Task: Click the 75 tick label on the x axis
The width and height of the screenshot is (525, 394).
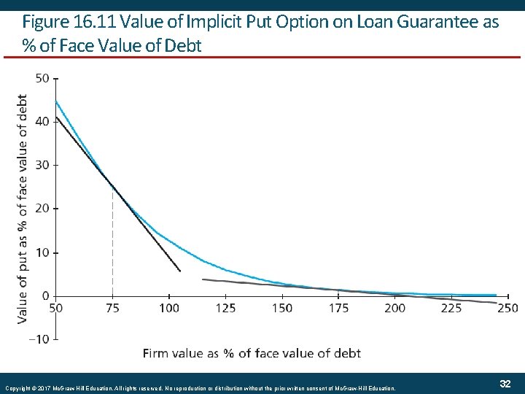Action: click(112, 308)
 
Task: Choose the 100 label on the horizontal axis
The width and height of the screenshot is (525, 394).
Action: click(168, 308)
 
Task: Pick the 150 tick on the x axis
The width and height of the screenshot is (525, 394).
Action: click(281, 308)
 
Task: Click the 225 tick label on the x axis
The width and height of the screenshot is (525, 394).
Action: click(451, 308)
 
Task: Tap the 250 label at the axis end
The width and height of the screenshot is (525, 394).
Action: click(507, 308)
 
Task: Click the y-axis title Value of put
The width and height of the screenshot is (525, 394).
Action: click(23, 209)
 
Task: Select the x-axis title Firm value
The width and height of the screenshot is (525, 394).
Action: click(252, 353)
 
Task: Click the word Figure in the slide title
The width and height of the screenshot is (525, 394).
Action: click(45, 22)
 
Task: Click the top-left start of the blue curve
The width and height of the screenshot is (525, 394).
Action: click(55, 101)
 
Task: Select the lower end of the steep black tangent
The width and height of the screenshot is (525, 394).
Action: click(180, 271)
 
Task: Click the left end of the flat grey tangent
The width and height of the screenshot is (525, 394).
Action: click(203, 279)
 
